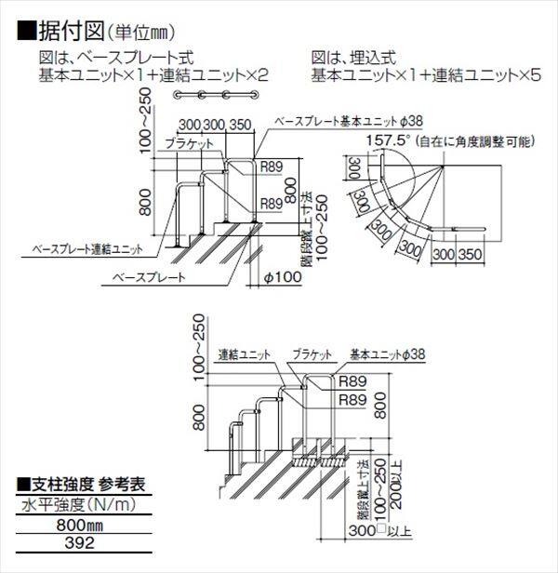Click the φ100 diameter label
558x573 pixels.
point(284,277)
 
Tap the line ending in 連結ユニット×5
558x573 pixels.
point(424,74)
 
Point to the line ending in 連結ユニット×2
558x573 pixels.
point(158,74)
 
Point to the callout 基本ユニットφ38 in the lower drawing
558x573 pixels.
point(387,355)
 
